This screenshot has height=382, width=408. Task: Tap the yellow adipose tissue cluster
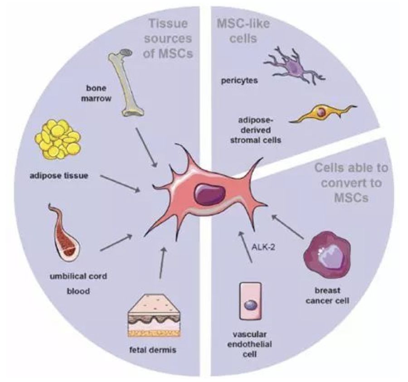coord(58,138)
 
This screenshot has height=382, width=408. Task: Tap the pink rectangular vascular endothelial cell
coord(249,301)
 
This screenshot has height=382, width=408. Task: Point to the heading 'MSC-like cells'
coord(239,31)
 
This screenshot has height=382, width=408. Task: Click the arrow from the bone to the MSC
coord(147,150)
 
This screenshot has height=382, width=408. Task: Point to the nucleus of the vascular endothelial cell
coord(249,306)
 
